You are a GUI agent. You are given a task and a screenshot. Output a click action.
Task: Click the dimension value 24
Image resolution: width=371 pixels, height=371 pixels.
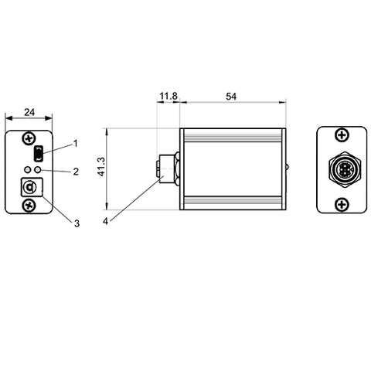tap(29, 112)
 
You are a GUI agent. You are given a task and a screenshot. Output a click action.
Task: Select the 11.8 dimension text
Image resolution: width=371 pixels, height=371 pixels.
tap(168, 97)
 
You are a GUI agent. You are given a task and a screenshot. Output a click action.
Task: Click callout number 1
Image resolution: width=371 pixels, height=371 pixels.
tap(76, 143)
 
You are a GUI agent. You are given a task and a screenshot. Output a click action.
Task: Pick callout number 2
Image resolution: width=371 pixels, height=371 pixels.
tap(76, 172)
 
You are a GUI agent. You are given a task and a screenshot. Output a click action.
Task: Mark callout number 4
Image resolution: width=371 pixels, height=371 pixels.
tap(106, 221)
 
